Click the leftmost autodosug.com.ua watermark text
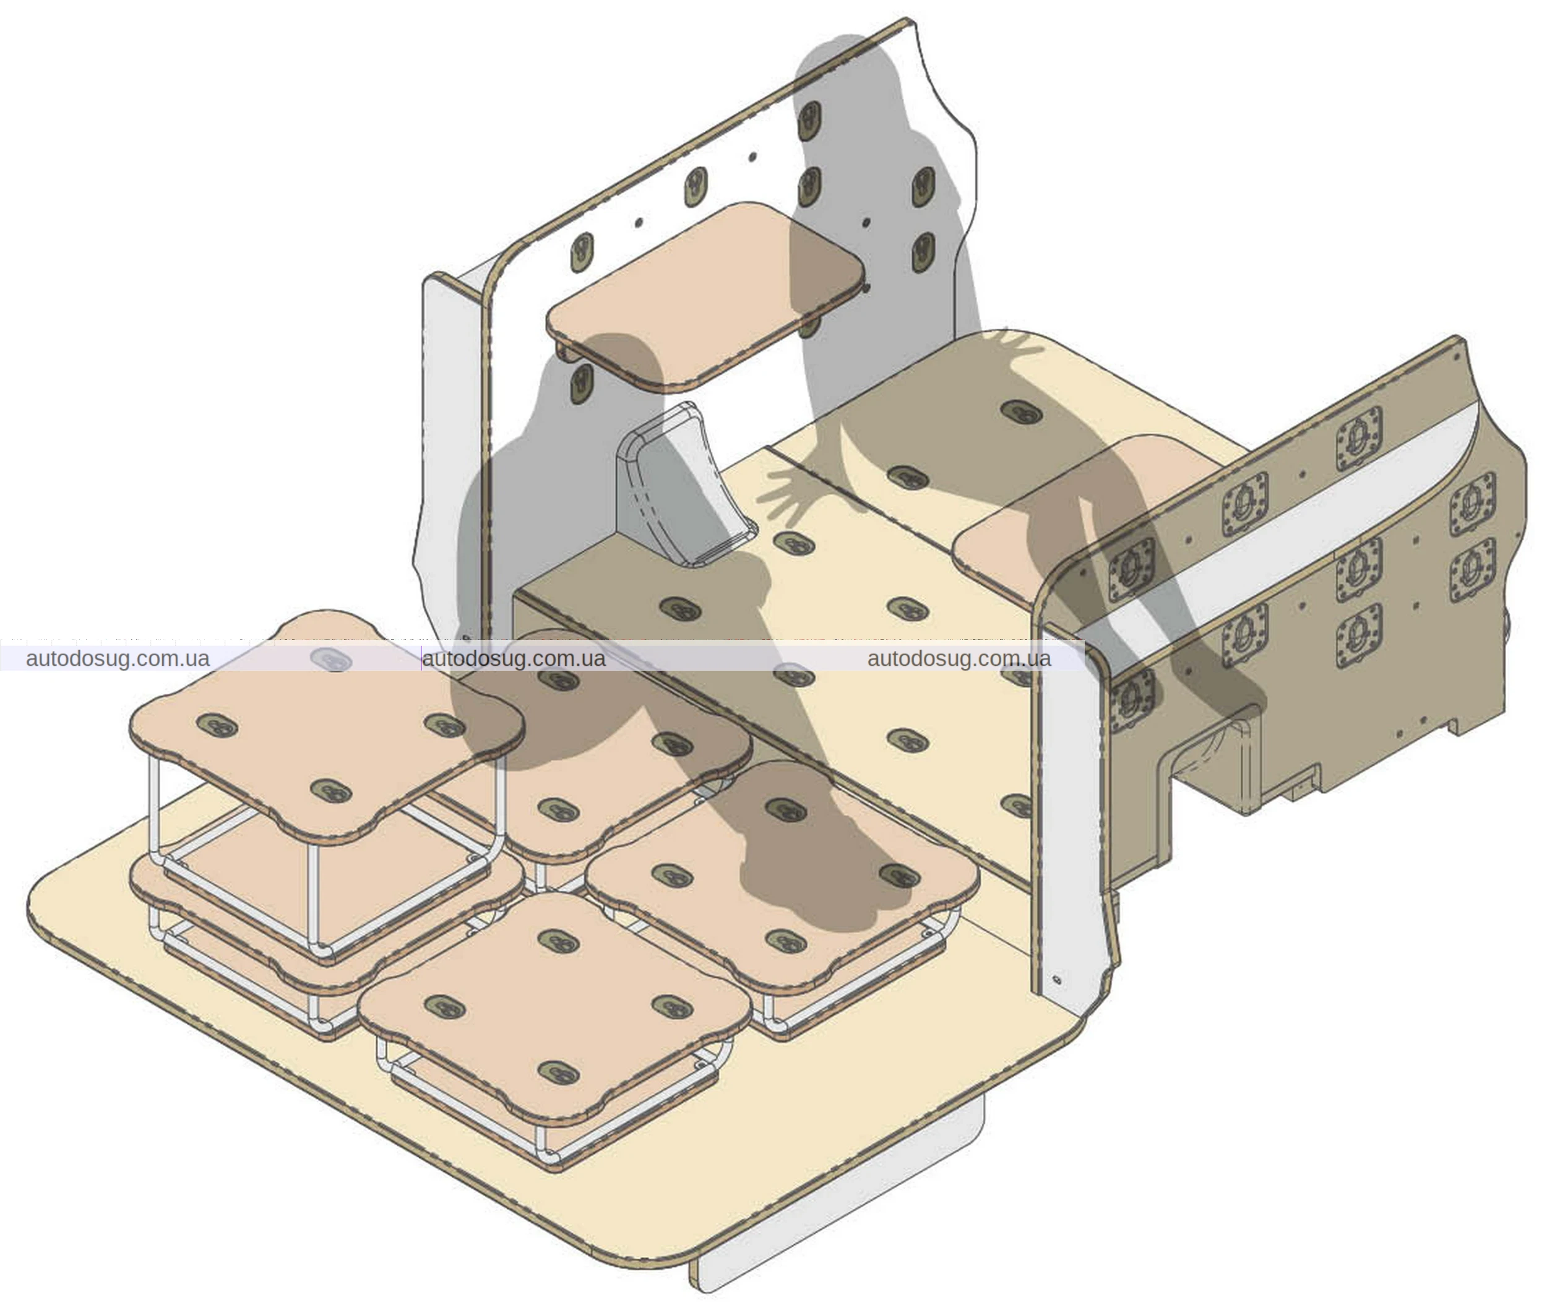pos(118,659)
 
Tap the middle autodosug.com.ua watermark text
pos(514,659)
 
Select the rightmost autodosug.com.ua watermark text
pos(959,659)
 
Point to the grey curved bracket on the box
pos(679,486)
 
